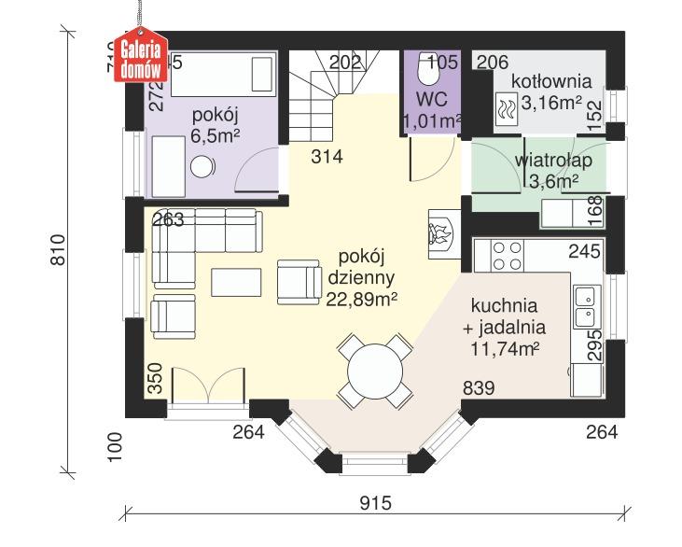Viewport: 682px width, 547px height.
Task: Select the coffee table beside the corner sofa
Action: [x=238, y=282]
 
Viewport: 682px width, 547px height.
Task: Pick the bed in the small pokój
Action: [x=225, y=72]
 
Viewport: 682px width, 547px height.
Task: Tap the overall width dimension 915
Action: [x=373, y=503]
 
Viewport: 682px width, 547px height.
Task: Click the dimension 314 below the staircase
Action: [x=327, y=157]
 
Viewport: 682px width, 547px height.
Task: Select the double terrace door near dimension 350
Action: [x=207, y=388]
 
